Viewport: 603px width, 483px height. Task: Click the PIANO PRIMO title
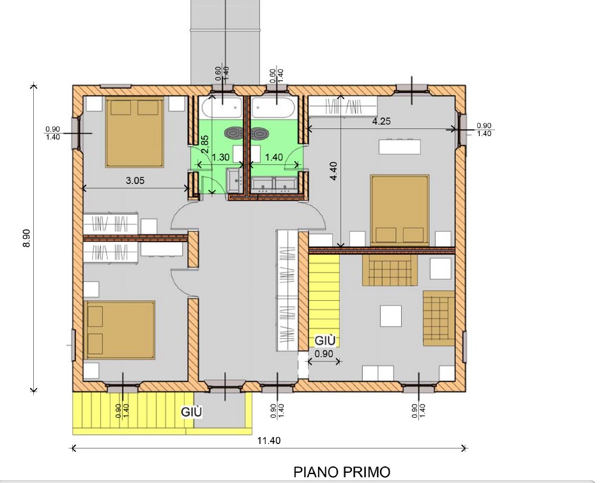pos(342,471)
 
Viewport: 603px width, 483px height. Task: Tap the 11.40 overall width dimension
pos(269,440)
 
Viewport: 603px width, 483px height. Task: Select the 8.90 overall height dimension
pos(27,238)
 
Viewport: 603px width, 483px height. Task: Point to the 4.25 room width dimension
pos(381,121)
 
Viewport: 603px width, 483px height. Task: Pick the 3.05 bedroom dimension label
pos(135,180)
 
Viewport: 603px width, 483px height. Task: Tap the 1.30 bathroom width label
pos(221,157)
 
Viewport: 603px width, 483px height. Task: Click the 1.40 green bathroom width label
pos(274,157)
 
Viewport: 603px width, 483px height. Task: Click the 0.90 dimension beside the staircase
pos(324,354)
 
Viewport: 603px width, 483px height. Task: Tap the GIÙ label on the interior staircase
pos(325,341)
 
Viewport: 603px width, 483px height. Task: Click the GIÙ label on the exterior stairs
pos(192,412)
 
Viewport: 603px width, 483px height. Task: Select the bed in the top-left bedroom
pos(135,132)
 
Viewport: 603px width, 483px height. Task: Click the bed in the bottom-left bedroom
pos(119,330)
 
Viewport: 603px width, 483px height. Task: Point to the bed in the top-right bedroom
pos(400,210)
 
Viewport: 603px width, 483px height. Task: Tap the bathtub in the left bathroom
pos(221,108)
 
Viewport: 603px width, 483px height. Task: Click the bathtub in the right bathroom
pos(273,108)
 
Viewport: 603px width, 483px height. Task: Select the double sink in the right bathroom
pos(274,184)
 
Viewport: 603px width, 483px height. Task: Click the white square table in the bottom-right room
pos(391,316)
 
